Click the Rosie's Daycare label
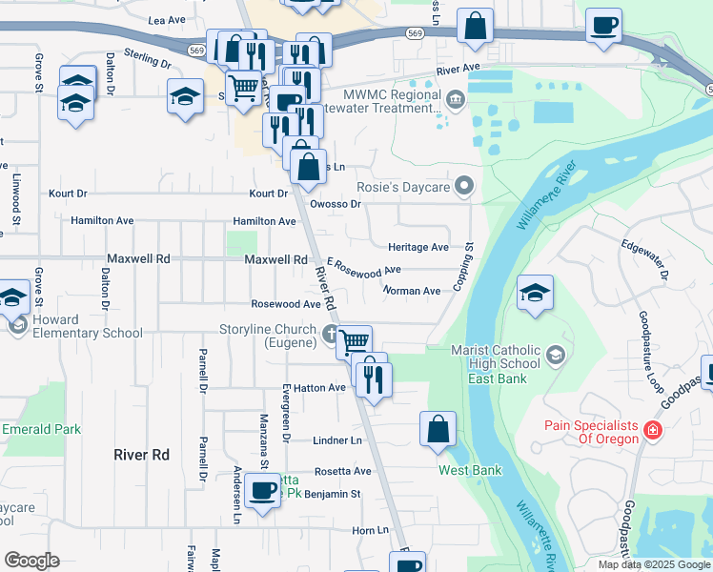402,187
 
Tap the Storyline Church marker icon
331,334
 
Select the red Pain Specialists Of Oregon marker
652,431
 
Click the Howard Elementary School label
88,326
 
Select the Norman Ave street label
411,291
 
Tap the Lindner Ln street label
337,440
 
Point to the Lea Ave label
167,19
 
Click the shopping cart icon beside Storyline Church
355,340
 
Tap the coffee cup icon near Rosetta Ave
262,490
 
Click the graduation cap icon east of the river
535,292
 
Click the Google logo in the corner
31,561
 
